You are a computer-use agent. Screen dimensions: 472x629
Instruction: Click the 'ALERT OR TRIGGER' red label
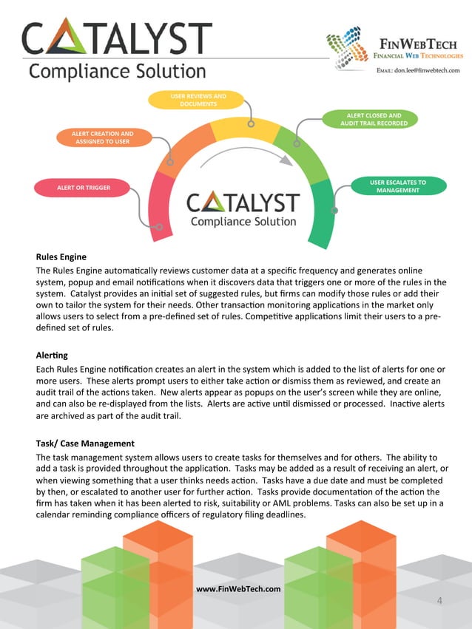84,188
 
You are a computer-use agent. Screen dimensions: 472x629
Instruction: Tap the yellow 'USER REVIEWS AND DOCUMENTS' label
198,100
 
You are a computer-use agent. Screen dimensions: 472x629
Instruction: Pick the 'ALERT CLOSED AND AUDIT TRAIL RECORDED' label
374,119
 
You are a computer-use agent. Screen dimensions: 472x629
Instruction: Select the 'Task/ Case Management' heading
84,443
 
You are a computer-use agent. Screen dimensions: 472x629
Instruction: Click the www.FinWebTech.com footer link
237,588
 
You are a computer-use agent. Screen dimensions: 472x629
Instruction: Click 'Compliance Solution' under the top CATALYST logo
117,72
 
